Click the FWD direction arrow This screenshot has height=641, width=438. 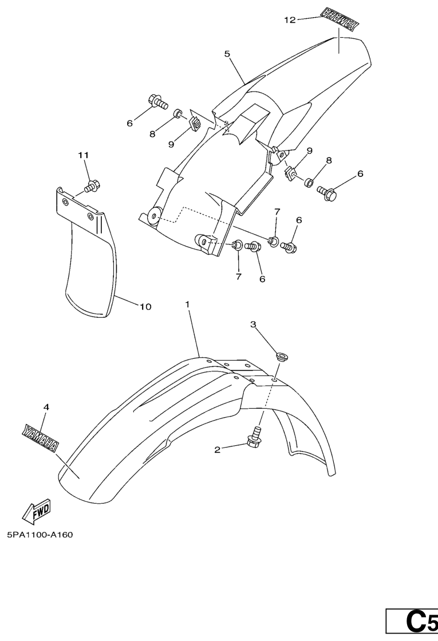point(36,511)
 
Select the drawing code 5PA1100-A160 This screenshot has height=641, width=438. point(40,535)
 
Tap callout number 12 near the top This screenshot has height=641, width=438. point(290,19)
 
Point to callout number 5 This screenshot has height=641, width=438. point(227,54)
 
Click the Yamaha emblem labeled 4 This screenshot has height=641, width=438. point(40,438)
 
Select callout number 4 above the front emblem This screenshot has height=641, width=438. point(46,407)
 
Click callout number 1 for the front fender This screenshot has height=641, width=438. point(188,304)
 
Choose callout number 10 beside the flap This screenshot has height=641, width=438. point(145,306)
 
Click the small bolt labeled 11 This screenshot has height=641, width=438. point(92,186)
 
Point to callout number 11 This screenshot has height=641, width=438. point(84,155)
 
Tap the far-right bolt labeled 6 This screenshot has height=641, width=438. point(327,192)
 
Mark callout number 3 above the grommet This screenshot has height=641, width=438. point(253,325)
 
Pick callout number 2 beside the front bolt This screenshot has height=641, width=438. point(217,450)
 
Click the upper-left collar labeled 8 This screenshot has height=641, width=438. point(178,113)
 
